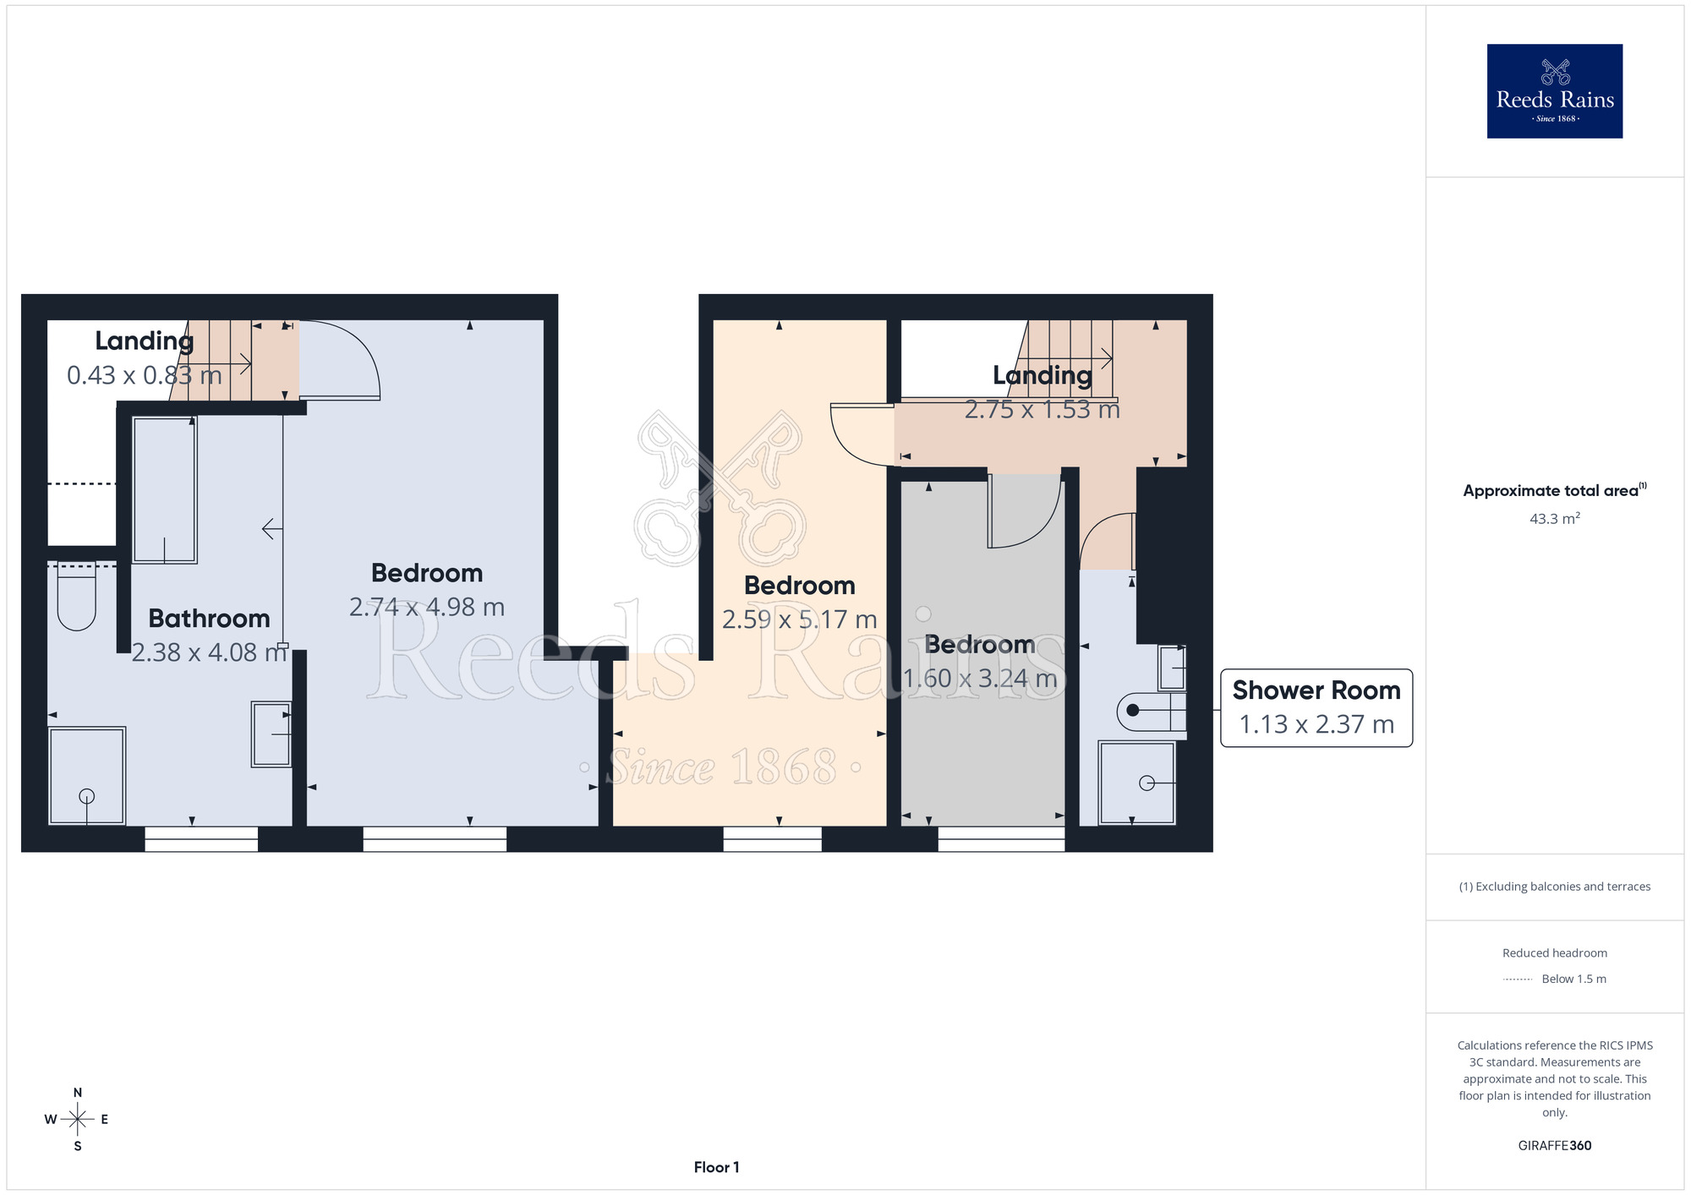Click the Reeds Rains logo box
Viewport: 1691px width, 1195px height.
(x=1554, y=91)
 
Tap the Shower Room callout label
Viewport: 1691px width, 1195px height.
(x=1316, y=707)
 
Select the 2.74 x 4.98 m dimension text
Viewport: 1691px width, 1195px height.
(x=427, y=607)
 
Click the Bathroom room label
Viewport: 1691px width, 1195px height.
(x=209, y=618)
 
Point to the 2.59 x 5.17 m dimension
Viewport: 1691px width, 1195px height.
(x=799, y=619)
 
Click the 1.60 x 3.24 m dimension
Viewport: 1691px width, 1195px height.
(x=980, y=679)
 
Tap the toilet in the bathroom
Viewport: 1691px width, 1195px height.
(x=76, y=597)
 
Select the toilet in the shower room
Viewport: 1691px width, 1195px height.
(x=1152, y=711)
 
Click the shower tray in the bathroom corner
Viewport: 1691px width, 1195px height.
(x=87, y=775)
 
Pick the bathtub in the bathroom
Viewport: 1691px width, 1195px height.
(x=165, y=490)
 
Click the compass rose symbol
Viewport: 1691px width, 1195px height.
(x=77, y=1120)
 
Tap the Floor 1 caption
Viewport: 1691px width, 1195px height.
(x=716, y=1167)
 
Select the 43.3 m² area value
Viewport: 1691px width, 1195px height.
(x=1554, y=518)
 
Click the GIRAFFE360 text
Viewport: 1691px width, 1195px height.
(x=1554, y=1146)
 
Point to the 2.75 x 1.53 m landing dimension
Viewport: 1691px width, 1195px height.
(x=1042, y=410)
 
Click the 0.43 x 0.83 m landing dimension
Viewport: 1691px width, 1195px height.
(x=144, y=375)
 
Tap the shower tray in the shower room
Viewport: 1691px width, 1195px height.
(x=1136, y=783)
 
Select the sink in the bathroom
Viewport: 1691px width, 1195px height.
(x=271, y=734)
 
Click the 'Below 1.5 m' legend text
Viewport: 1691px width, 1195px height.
(x=1573, y=979)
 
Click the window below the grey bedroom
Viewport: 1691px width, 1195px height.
(x=1001, y=838)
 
